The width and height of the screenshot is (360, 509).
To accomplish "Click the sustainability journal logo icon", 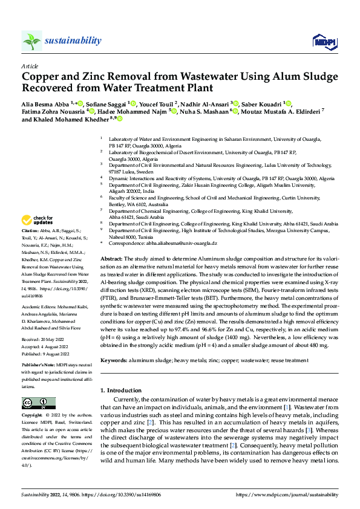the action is pos(31,41).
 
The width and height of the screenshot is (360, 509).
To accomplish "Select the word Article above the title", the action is pos(30,66).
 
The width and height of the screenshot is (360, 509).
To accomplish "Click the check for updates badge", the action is pos(39,220).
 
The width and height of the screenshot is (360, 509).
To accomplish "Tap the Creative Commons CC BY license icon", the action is pos(38,403).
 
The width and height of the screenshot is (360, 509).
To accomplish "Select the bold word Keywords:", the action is pos(113,361).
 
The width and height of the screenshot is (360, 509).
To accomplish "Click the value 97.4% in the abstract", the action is pos(216,323).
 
